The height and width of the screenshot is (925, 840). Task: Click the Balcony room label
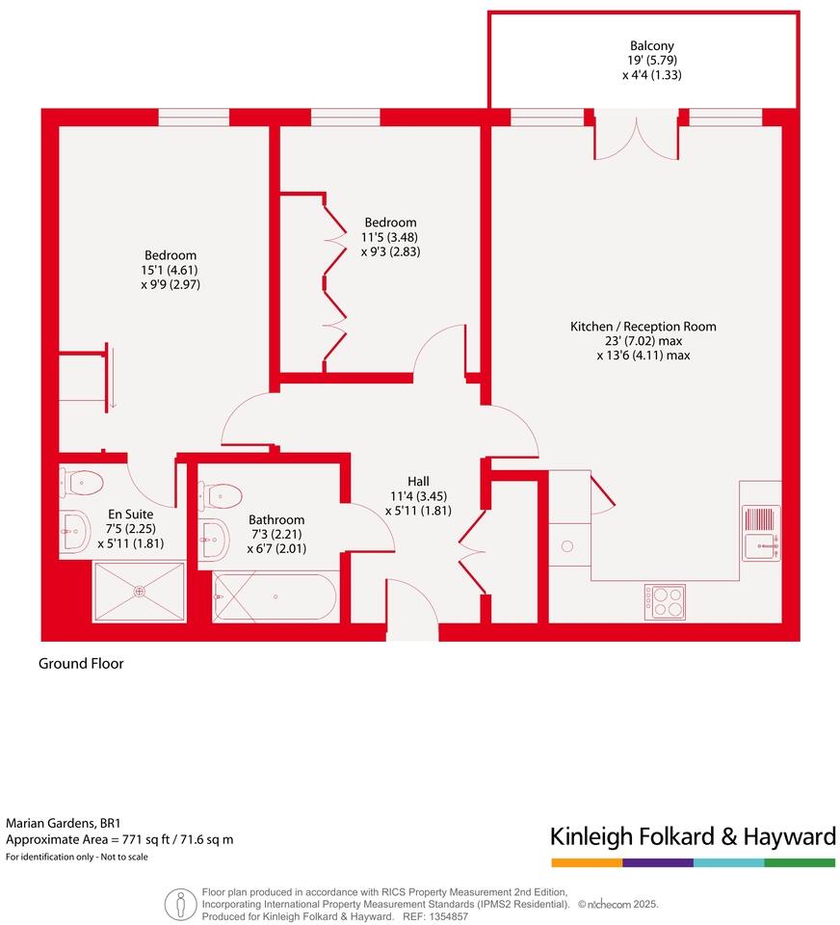[651, 45]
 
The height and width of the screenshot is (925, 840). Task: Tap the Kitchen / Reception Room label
[643, 327]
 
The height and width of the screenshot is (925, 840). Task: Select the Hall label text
[417, 482]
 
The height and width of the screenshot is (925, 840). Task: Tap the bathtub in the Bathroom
[275, 597]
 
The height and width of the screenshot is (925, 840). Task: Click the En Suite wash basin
[73, 526]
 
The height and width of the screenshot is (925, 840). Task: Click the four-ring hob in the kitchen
[664, 602]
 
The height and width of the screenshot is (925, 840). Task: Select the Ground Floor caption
[81, 664]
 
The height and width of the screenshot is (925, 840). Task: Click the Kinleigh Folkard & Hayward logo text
[692, 835]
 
